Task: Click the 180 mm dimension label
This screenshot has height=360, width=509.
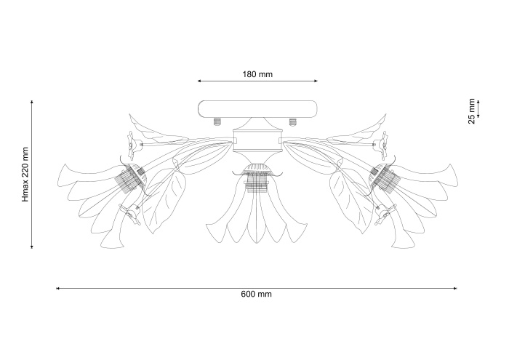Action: click(x=257, y=74)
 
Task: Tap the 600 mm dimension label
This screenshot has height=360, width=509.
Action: click(x=257, y=294)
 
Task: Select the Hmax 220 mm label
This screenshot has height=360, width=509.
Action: click(x=25, y=175)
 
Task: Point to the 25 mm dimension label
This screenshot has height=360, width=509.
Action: click(x=471, y=111)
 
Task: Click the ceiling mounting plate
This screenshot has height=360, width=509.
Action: click(x=257, y=109)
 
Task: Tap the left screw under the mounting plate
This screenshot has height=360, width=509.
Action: click(x=217, y=121)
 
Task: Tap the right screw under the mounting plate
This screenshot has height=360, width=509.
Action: click(x=293, y=121)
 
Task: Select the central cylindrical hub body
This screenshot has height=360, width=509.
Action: click(x=257, y=141)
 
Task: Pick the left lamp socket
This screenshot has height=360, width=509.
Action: click(x=131, y=178)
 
